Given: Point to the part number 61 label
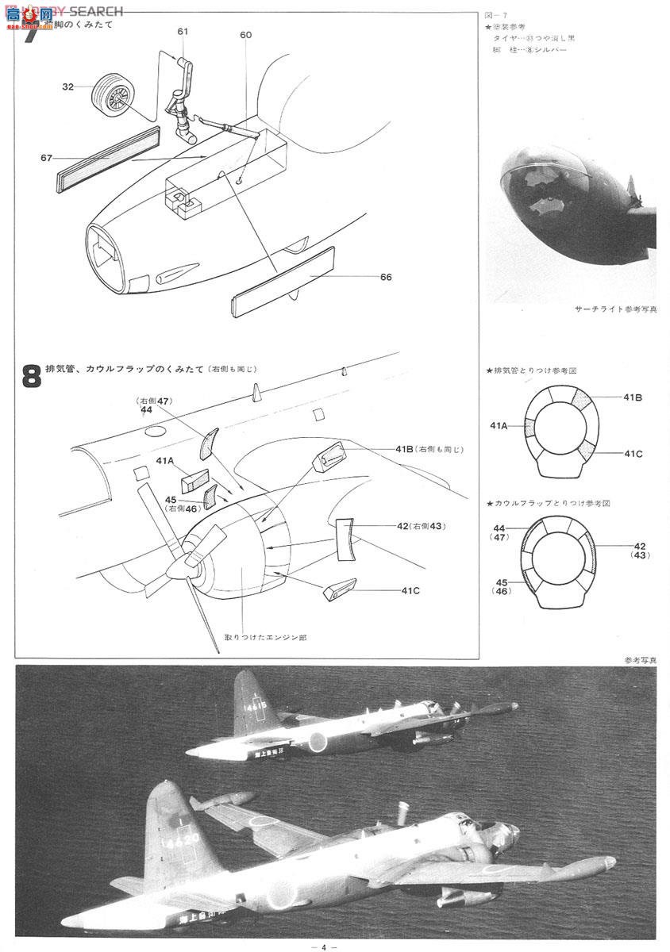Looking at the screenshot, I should (x=183, y=31).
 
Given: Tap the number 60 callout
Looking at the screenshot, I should (x=245, y=35).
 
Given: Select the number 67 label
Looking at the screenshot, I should (x=46, y=157).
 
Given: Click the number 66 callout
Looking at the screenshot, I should (x=386, y=277).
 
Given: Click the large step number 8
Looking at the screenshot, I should (x=32, y=376).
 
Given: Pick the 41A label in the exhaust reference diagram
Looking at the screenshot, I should (x=499, y=426).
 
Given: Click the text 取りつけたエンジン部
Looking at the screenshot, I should (x=259, y=637).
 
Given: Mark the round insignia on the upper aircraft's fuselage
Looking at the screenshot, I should (x=318, y=742).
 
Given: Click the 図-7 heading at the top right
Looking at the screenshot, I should (x=494, y=15).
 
